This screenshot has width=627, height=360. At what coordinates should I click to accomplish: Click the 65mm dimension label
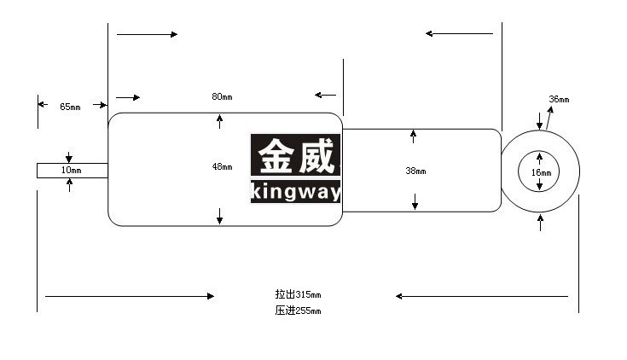pyautogui.click(x=70, y=107)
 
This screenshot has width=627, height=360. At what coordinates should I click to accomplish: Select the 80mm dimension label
pyautogui.click(x=222, y=96)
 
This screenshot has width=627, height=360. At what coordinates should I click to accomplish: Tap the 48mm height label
pyautogui.click(x=222, y=166)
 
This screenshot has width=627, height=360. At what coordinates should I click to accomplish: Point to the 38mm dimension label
pyautogui.click(x=415, y=171)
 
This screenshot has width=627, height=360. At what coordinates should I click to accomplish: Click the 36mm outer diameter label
pyautogui.click(x=559, y=99)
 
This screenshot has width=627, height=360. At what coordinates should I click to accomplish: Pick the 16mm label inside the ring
pyautogui.click(x=541, y=172)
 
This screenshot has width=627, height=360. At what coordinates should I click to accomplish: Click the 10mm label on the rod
pyautogui.click(x=71, y=170)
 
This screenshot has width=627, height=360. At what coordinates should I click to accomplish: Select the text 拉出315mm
pyautogui.click(x=298, y=294)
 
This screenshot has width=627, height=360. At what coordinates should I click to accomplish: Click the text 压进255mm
pyautogui.click(x=298, y=311)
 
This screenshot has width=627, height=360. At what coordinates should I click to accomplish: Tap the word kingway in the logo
pyautogui.click(x=296, y=192)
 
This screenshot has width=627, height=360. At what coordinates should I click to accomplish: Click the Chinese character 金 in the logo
pyautogui.click(x=276, y=156)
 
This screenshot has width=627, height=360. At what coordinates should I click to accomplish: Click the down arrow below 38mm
pyautogui.click(x=415, y=201)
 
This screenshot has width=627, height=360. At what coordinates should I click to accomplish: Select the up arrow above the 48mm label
pyautogui.click(x=219, y=122)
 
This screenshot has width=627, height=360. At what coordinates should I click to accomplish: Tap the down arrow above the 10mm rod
pyautogui.click(x=69, y=157)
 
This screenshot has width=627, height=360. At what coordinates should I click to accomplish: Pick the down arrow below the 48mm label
pyautogui.click(x=219, y=216)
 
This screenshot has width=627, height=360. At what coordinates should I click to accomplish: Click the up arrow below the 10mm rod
pyautogui.click(x=70, y=185)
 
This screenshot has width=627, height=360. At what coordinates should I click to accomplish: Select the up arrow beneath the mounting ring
pyautogui.click(x=540, y=223)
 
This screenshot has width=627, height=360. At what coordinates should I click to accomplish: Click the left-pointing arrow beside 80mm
pyautogui.click(x=325, y=95)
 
